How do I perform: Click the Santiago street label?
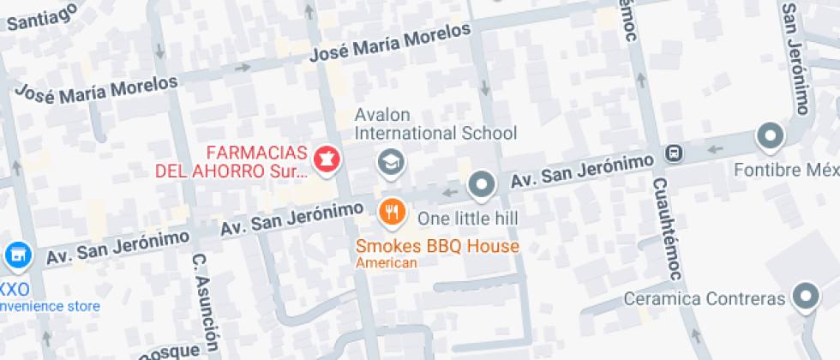click(x=40, y=15)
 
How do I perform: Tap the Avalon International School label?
click(x=436, y=124)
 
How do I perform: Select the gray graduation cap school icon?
click(x=391, y=160)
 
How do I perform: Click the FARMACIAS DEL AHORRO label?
click(x=231, y=161)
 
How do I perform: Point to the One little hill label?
click(x=467, y=219)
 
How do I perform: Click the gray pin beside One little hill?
click(x=482, y=184)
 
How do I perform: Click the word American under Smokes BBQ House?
click(x=387, y=263)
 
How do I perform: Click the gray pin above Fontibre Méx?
click(x=770, y=135)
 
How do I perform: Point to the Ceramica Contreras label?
click(x=705, y=299)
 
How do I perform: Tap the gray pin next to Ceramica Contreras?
click(x=804, y=297)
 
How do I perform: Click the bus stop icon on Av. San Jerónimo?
click(x=675, y=154)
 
